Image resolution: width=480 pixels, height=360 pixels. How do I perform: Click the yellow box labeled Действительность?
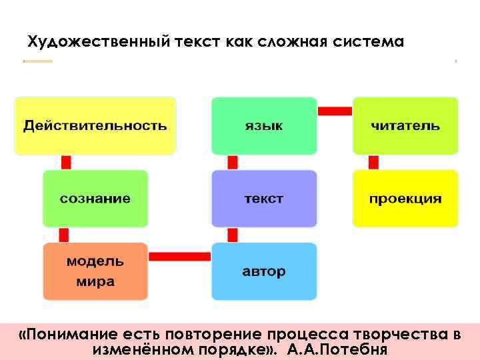[x=95, y=126]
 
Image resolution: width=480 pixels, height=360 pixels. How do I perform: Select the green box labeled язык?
[x=264, y=126]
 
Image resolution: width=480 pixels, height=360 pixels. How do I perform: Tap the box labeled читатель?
[x=405, y=126]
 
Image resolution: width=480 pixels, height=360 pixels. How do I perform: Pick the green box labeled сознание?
[x=95, y=198]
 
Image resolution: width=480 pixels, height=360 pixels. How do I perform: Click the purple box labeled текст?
[x=264, y=198]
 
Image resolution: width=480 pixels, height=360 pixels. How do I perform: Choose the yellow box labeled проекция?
[x=405, y=198]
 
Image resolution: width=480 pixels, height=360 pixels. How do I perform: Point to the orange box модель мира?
[x=95, y=271]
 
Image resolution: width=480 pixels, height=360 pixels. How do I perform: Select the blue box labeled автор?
[x=264, y=271]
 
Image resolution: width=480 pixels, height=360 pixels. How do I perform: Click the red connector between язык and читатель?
[x=335, y=111]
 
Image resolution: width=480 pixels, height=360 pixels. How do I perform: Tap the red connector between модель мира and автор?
[x=179, y=256]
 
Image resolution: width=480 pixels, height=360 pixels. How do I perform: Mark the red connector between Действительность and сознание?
[x=66, y=162]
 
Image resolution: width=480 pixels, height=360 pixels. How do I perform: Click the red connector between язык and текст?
[x=233, y=162]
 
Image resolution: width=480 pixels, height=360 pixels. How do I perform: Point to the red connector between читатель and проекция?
[x=373, y=162]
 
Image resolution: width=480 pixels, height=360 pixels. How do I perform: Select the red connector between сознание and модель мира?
[x=64, y=235]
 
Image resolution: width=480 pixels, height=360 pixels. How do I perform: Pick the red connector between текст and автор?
[x=233, y=235]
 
